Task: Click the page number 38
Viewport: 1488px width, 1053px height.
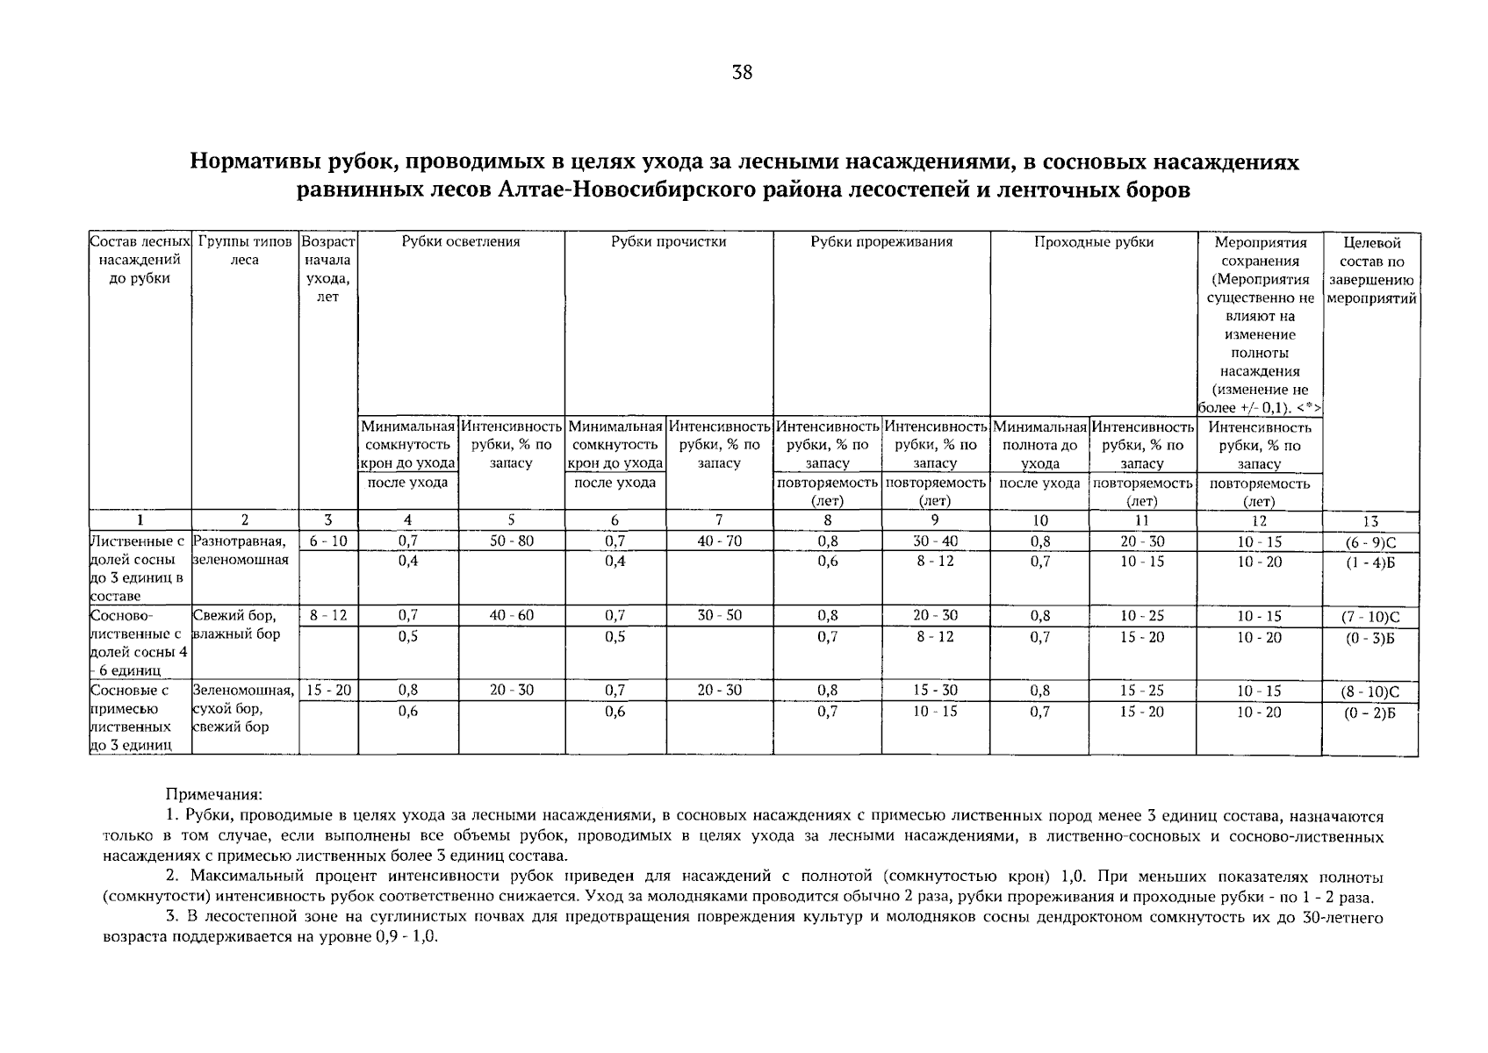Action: pyautogui.click(x=742, y=73)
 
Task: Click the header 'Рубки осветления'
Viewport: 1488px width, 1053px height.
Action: pyautogui.click(x=461, y=242)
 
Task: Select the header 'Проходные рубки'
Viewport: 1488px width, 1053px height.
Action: pyautogui.click(x=1093, y=242)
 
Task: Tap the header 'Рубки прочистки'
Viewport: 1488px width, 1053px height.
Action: pyautogui.click(x=669, y=242)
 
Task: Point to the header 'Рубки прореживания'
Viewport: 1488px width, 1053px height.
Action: pyautogui.click(x=881, y=242)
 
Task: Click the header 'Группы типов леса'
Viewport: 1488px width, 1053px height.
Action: pyautogui.click(x=245, y=251)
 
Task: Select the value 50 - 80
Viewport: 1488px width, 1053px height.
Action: pyautogui.click(x=512, y=541)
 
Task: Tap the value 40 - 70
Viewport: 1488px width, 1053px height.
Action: pyautogui.click(x=719, y=541)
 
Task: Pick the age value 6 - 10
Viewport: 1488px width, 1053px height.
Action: pyautogui.click(x=328, y=541)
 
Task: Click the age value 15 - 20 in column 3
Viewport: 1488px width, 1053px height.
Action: pyautogui.click(x=328, y=691)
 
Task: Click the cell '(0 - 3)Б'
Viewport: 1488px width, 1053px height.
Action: pyautogui.click(x=1370, y=638)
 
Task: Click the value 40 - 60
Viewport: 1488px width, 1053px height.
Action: pyautogui.click(x=512, y=616)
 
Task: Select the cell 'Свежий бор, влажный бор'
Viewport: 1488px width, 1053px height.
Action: pyautogui.click(x=237, y=625)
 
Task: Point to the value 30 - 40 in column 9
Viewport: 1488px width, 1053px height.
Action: pyautogui.click(x=935, y=541)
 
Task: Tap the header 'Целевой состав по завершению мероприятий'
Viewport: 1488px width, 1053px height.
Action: pyautogui.click(x=1370, y=270)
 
